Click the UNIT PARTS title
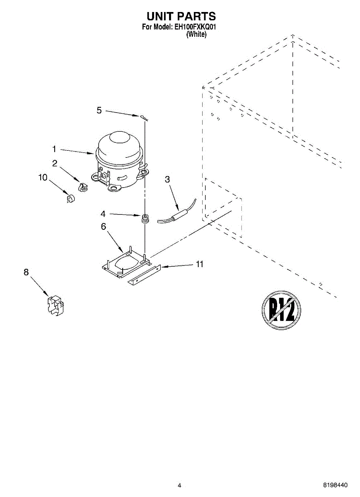click(181, 16)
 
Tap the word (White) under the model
click(196, 34)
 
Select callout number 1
click(54, 148)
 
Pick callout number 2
click(55, 163)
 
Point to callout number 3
click(167, 179)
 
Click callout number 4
click(103, 214)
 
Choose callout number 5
click(99, 110)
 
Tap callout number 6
click(103, 226)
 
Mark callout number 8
click(26, 272)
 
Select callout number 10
click(43, 177)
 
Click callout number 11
click(200, 264)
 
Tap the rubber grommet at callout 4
click(145, 218)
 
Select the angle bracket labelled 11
click(144, 275)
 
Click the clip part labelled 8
click(56, 307)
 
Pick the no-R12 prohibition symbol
click(281, 309)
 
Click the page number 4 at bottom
click(179, 485)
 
